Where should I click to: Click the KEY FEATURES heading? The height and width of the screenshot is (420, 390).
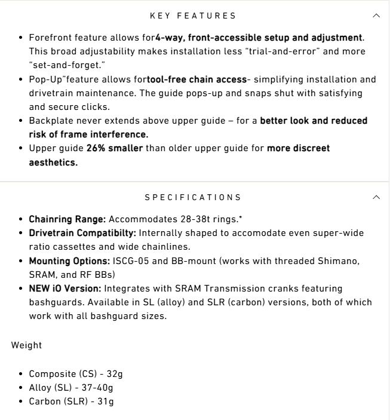pyautogui.click(x=193, y=16)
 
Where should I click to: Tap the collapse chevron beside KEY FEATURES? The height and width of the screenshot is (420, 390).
pyautogui.click(x=376, y=16)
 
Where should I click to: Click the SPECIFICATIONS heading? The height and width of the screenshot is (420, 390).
pyautogui.click(x=193, y=197)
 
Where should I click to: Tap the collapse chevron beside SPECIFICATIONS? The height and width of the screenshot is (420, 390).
pyautogui.click(x=376, y=197)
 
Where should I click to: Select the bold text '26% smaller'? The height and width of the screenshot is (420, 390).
pyautogui.click(x=115, y=148)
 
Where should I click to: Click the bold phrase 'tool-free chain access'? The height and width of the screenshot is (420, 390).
pyautogui.click(x=196, y=79)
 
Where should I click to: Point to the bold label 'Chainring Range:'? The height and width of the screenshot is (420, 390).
pyautogui.click(x=67, y=219)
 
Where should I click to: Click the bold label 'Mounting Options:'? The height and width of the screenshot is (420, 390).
pyautogui.click(x=69, y=261)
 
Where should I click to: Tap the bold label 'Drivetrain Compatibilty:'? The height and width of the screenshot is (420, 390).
pyautogui.click(x=84, y=233)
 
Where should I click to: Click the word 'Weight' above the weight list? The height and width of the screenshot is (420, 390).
pyautogui.click(x=26, y=345)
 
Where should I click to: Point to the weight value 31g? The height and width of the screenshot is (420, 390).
pyautogui.click(x=106, y=401)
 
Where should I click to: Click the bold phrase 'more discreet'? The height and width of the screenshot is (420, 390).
pyautogui.click(x=298, y=148)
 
